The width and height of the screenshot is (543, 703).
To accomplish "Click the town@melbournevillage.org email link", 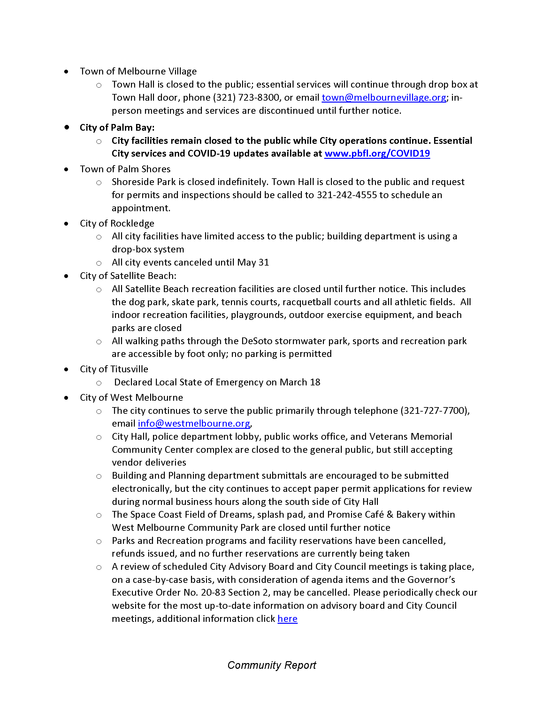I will click(x=384, y=97).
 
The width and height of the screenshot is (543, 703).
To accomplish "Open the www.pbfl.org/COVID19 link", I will click(x=377, y=153).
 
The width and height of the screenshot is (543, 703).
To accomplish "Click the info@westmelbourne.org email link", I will click(x=194, y=424).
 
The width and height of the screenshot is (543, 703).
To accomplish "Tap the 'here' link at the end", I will click(x=287, y=619).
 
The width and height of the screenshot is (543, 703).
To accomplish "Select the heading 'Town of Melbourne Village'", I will click(x=138, y=71).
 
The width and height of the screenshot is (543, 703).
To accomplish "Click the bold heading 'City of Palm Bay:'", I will click(x=117, y=127).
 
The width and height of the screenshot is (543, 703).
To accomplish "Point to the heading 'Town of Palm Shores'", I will click(x=125, y=169).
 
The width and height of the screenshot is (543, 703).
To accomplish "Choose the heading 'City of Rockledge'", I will click(x=117, y=223).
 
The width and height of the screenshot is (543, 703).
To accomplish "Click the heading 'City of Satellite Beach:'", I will click(x=128, y=276).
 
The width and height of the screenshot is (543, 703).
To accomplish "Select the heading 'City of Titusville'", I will click(x=114, y=369).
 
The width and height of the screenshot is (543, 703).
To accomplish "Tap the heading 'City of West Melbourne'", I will click(x=131, y=398).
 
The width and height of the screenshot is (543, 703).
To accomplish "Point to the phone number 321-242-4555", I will click(x=347, y=195).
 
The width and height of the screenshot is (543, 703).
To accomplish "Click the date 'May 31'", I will click(x=253, y=262).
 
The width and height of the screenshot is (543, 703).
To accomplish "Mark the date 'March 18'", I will click(x=300, y=382).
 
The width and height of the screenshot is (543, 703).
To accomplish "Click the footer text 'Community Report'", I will click(x=271, y=665).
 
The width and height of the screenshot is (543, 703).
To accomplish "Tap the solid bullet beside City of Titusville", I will click(x=66, y=369).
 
